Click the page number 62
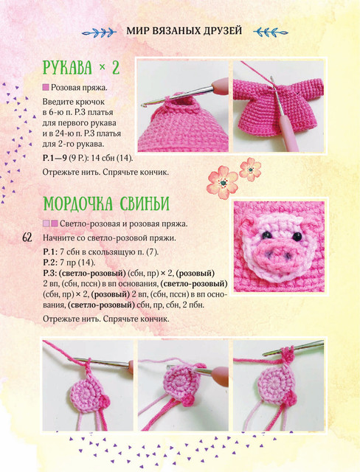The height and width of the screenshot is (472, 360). coord(27,237)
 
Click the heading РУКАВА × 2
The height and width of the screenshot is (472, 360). coord(81,68)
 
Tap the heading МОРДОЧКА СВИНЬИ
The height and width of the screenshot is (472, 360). coord(106,204)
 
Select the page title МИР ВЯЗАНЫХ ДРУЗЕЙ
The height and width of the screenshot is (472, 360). coord(184,31)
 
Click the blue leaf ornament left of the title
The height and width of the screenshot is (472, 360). coord(100,32)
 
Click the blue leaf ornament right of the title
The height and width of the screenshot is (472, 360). coord(271,32)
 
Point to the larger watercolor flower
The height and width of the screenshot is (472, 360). coord(223,182)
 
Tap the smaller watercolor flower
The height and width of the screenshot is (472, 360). coord(250,169)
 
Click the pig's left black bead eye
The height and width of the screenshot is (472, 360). coord(266,235)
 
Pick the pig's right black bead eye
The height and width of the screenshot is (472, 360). coord(297,236)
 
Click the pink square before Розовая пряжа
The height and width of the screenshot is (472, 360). coord(46,88)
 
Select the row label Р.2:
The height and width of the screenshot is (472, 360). coord(49,263)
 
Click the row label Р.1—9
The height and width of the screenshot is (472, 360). coord(55,158)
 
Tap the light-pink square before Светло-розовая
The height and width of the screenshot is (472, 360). coord(46,223)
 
